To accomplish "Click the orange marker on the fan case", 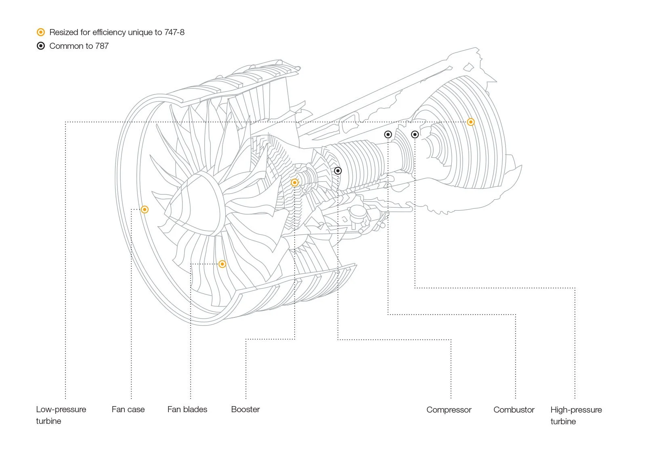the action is tap(145, 209).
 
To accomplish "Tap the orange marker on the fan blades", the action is tap(222, 264).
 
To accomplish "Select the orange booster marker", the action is tap(295, 183).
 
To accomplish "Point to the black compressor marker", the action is tap(338, 171).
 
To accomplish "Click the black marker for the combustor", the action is tap(388, 135).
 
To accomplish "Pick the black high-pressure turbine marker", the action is tap(415, 135).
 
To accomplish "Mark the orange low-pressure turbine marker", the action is tap(471, 122).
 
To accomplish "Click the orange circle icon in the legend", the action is tap(41, 32).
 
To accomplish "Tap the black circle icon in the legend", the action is tap(41, 46).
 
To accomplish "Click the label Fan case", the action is tap(128, 410).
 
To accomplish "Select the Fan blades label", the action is tap(187, 410).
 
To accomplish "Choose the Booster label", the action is tap(245, 410).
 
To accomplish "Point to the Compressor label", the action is tap(449, 410).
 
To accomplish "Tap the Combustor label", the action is tap(514, 410).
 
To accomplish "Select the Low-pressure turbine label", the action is tap(61, 415).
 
